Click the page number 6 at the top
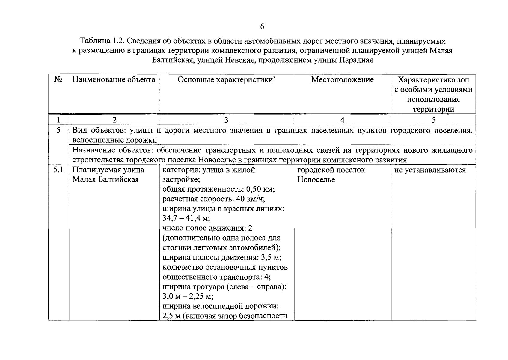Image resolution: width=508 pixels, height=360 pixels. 262,27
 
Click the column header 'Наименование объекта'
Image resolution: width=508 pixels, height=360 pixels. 114,80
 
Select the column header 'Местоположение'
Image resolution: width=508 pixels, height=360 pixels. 342,80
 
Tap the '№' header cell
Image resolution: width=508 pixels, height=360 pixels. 58,80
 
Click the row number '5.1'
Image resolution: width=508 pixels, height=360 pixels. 58,170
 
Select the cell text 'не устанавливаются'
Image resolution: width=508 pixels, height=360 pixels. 430,170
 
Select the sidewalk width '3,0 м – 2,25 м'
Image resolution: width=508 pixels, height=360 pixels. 188,297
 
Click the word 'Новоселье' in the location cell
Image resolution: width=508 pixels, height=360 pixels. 316,180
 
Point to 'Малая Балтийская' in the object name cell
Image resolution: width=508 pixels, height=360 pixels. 105,180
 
